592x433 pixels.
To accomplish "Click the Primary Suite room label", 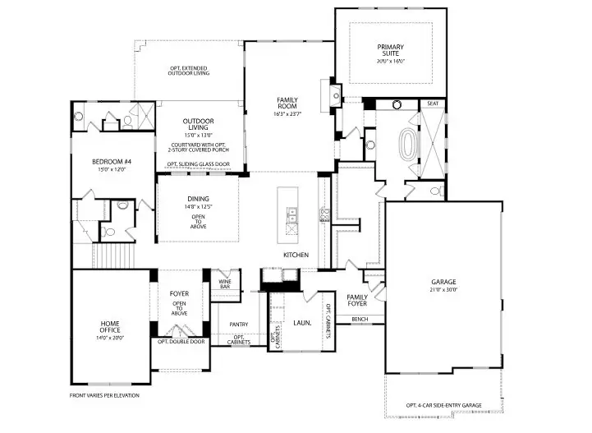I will coord(391,50).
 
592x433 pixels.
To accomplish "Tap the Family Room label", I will coord(289,103).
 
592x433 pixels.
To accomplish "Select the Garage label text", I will coord(443,282).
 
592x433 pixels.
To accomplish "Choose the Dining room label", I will coord(198,199).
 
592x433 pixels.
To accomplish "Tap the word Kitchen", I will coord(296,255).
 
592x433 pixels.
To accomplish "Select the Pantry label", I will coord(239,324).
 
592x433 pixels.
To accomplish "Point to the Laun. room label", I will coord(302,324).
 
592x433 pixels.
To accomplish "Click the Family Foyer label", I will coord(357,300).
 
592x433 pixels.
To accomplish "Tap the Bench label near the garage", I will coord(359,318).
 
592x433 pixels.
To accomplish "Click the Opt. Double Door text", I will coord(180,341).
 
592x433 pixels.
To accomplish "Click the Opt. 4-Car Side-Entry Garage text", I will coord(443,405).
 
